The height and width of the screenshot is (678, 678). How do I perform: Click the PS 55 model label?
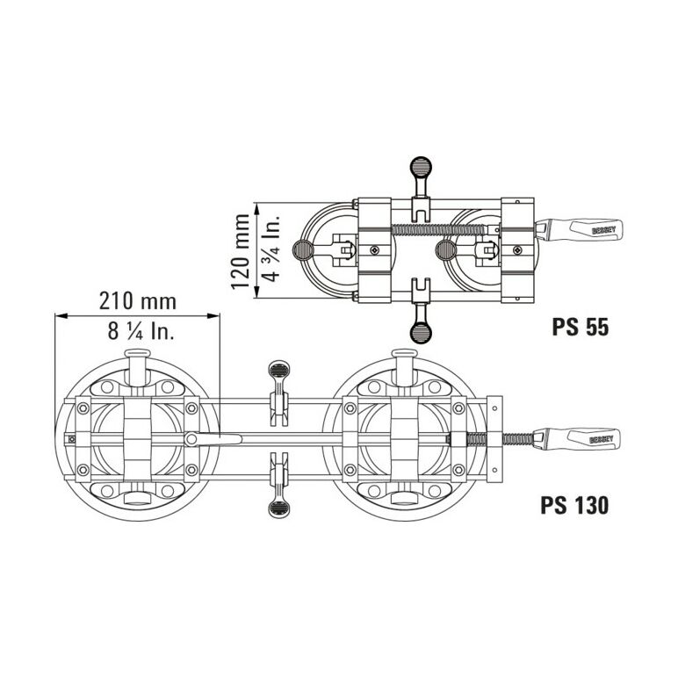pos(580,327)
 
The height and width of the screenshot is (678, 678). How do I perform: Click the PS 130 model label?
pos(574,505)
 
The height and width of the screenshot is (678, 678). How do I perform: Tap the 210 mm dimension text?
pos(138,301)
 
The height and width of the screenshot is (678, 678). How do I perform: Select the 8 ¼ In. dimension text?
pos(141,331)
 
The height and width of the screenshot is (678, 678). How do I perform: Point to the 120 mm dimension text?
pos(241,251)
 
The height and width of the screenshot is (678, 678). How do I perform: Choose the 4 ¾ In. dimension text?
pos(271,249)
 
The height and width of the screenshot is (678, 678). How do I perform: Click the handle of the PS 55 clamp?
pos(580,229)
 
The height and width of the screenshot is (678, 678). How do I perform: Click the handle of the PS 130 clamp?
pos(577,438)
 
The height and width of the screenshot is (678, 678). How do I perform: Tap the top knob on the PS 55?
pos(421,166)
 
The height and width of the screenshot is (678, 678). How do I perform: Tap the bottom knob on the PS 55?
pos(421,333)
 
